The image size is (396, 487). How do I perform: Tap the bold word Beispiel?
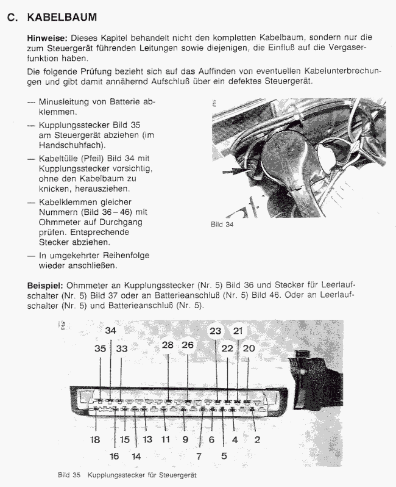44,285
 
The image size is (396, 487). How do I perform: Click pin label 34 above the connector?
110,330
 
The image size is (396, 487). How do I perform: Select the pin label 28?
168,345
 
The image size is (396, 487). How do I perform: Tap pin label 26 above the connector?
188,345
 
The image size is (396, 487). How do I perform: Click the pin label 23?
216,331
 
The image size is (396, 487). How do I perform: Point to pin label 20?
249,348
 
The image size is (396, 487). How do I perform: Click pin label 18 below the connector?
96,439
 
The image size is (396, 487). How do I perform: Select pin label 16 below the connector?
115,455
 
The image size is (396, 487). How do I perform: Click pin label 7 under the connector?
199,455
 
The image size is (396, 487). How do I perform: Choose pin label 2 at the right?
257,439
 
